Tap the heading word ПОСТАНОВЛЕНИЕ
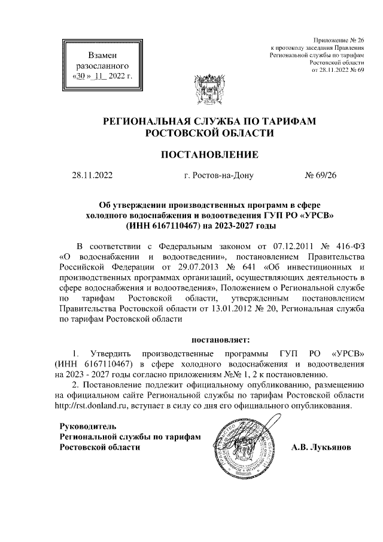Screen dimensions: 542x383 coord(210,155)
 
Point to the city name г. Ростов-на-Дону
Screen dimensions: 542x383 coord(219,175)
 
